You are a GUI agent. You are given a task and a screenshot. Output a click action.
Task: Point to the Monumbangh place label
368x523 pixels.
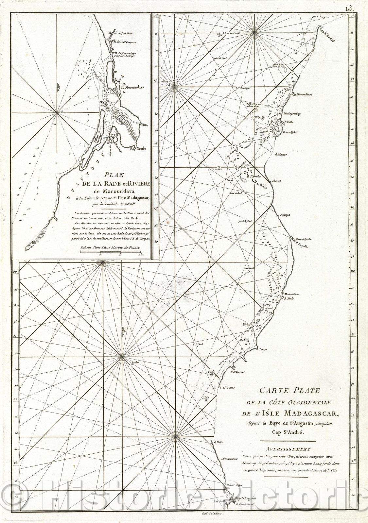pyautogui.click(x=305, y=94)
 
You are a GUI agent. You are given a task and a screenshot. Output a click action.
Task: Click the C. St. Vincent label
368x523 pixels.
pyautogui.click(x=227, y=388)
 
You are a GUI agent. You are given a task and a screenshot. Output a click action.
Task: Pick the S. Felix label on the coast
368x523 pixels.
pyautogui.click(x=218, y=443)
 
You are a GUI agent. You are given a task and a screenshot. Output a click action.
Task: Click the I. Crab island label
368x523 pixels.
pyautogui.click(x=199, y=344)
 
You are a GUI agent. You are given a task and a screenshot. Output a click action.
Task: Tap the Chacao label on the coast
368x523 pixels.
pyautogui.click(x=275, y=181)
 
